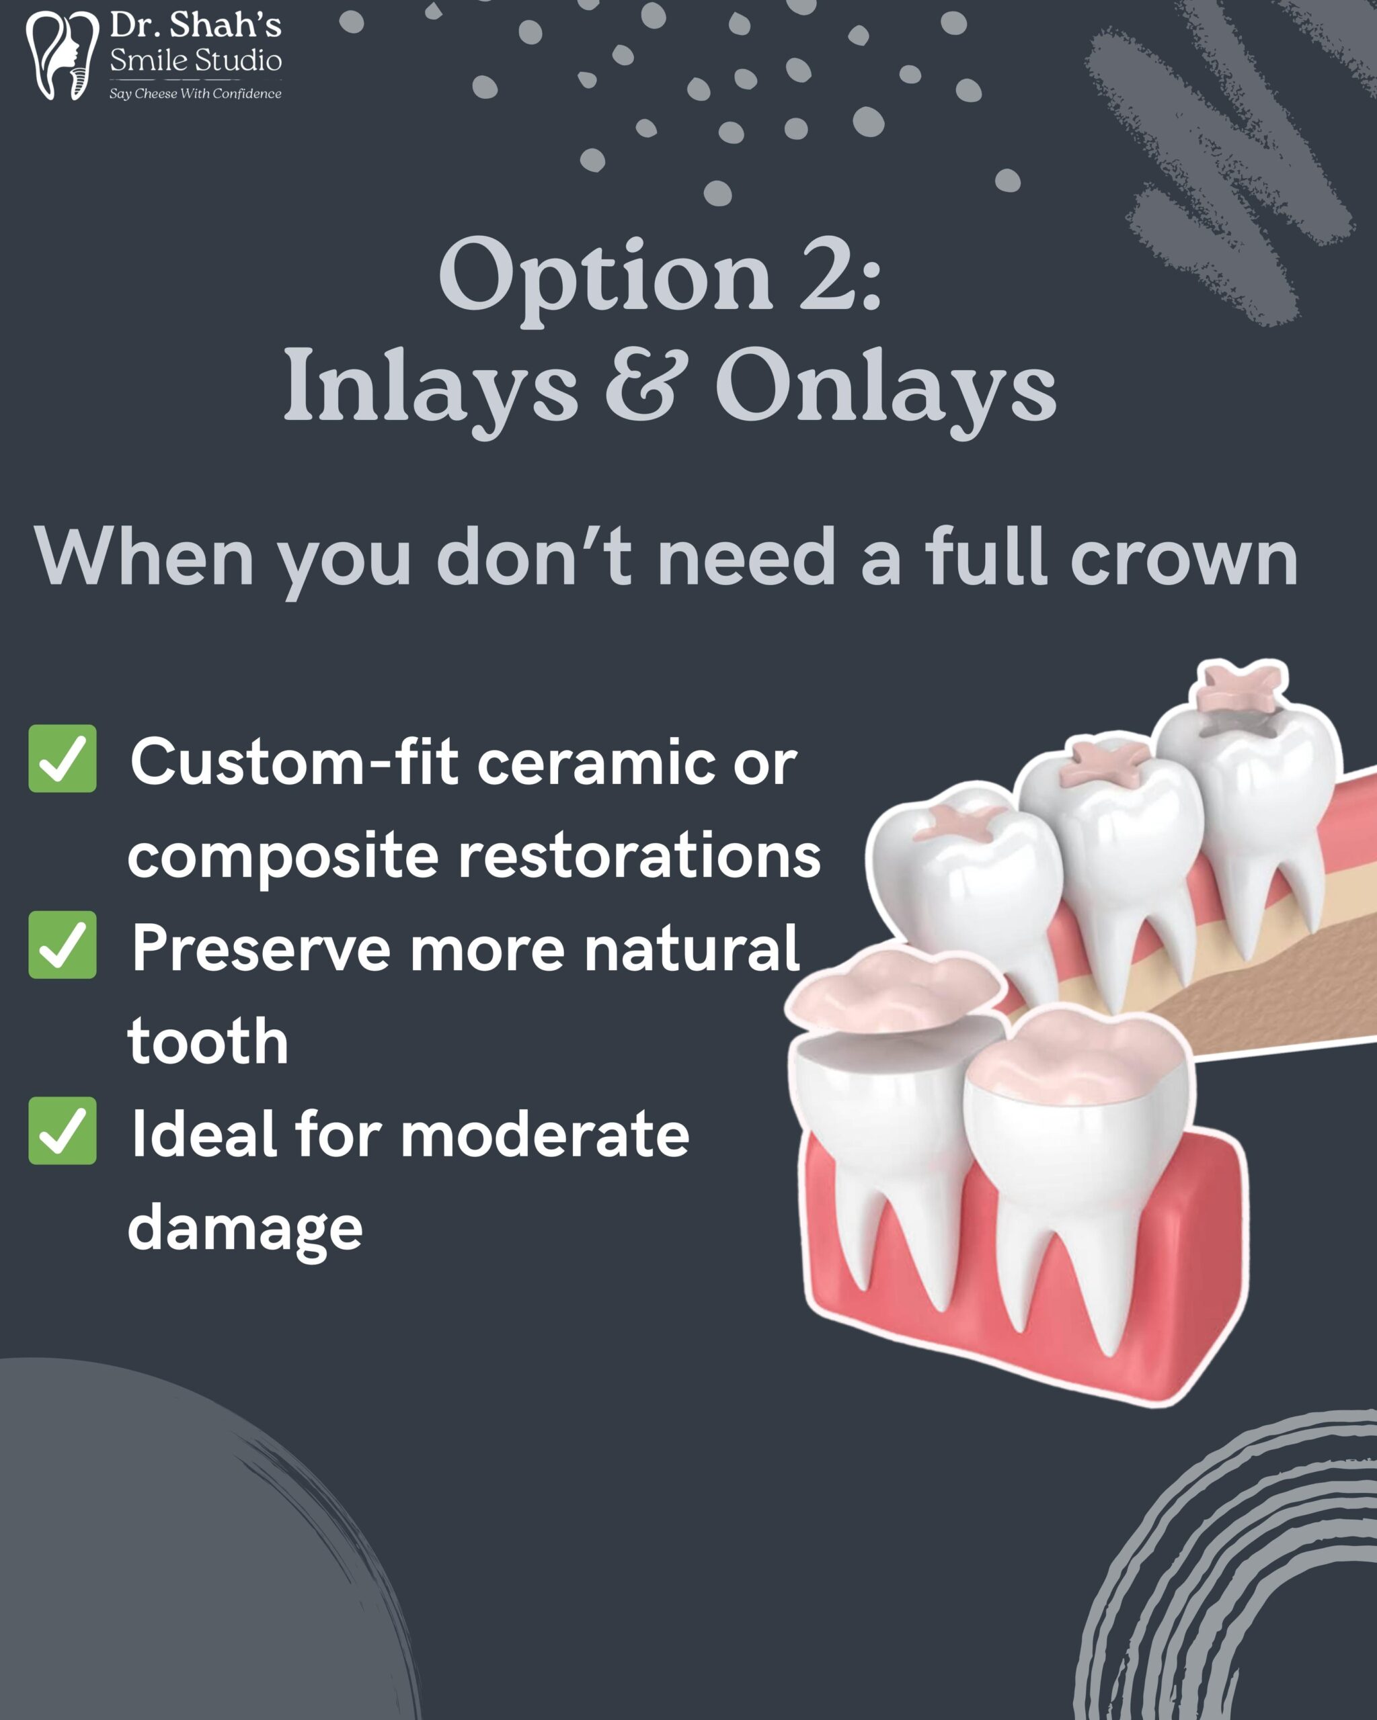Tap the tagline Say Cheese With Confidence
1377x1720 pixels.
point(196,93)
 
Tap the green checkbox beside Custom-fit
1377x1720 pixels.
point(63,758)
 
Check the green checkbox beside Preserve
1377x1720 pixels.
point(63,945)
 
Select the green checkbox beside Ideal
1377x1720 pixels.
point(63,1131)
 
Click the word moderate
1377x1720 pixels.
point(545,1134)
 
